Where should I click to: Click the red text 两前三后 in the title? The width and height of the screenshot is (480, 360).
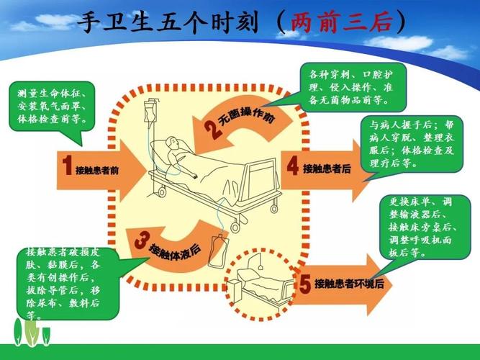pyautogui.click(x=341, y=23)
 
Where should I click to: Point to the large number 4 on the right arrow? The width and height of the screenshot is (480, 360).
pyautogui.click(x=292, y=166)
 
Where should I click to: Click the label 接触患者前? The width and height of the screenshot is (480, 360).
pyautogui.click(x=97, y=170)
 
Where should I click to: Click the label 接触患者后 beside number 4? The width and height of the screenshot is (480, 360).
pyautogui.click(x=327, y=168)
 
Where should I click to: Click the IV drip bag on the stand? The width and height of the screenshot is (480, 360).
pyautogui.click(x=150, y=114)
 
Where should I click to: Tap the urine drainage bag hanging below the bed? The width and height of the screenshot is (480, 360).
pyautogui.click(x=216, y=248)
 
